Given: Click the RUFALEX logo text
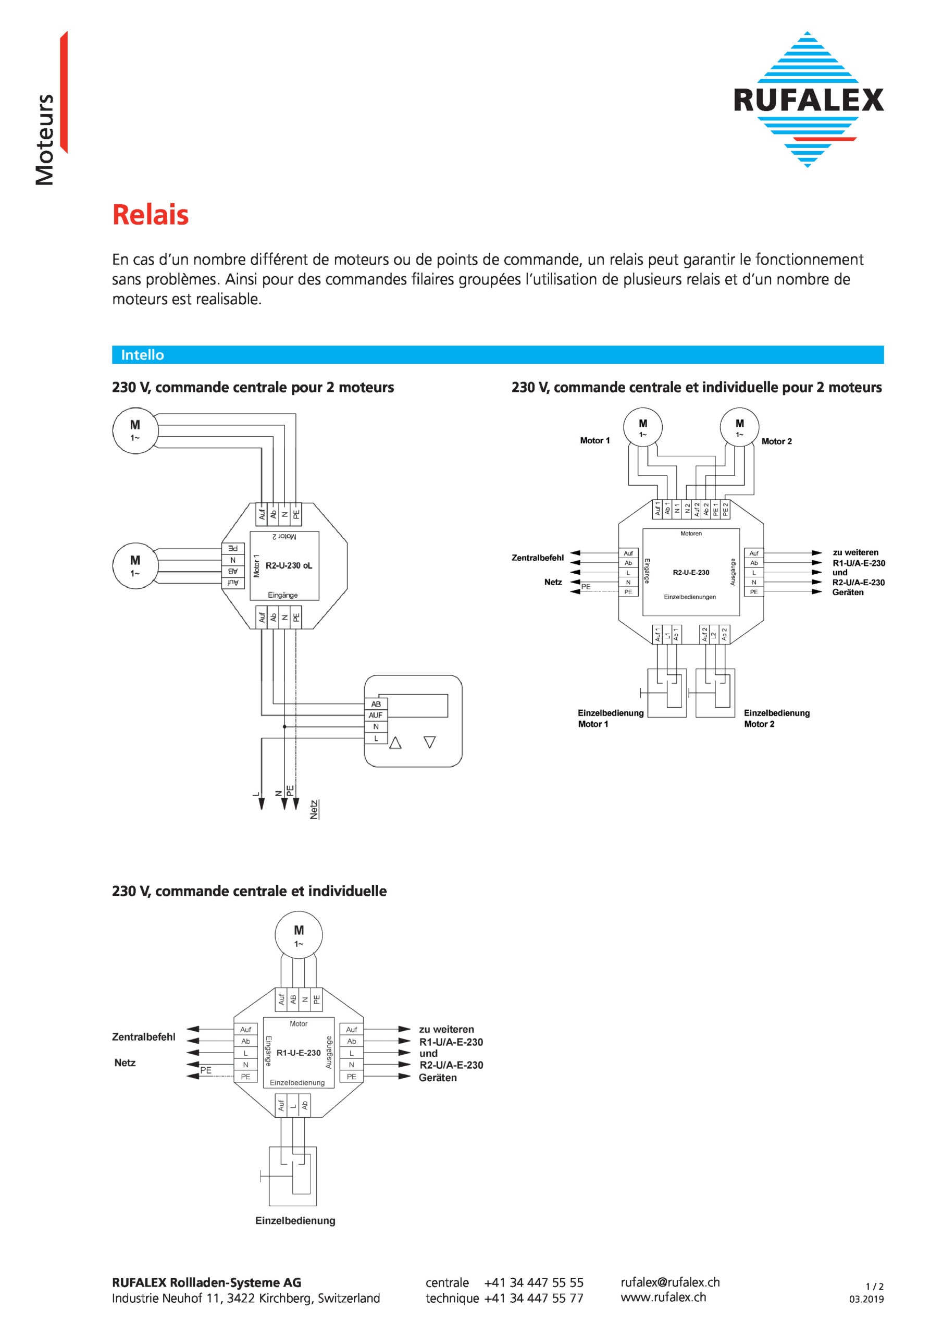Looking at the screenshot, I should tap(808, 100).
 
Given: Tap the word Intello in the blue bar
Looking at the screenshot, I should tap(142, 355).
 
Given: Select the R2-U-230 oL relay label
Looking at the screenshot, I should tap(289, 565).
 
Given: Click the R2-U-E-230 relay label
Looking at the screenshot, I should tap(691, 572).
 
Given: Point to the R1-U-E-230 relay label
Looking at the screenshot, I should tap(299, 1053).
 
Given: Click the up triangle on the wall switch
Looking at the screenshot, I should tap(395, 743).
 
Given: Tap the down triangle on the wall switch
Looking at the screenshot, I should tap(430, 742).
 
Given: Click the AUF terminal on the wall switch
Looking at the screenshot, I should tap(375, 715).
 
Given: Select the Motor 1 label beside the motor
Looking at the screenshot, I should tap(595, 440).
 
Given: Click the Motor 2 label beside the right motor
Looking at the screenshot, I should tap(776, 441).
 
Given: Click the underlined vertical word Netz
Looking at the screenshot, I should tap(314, 809).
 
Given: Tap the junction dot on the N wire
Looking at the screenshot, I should tap(284, 726).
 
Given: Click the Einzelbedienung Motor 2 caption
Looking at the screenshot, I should tap(776, 718).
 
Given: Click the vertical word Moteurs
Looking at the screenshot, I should tap(45, 140).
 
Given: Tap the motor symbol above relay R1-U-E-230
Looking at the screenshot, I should tap(299, 935).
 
